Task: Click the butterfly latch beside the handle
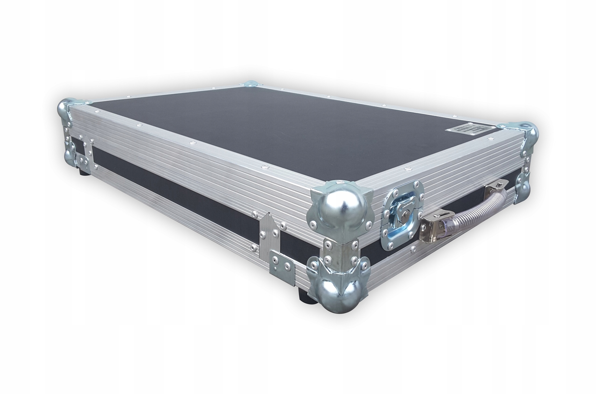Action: click(x=402, y=216)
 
